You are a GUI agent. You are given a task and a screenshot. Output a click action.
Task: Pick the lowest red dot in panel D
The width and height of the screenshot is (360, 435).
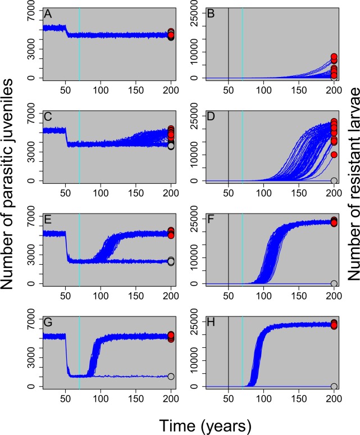click(334, 155)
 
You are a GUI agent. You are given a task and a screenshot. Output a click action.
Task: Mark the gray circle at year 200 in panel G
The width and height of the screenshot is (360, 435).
click(171, 377)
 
